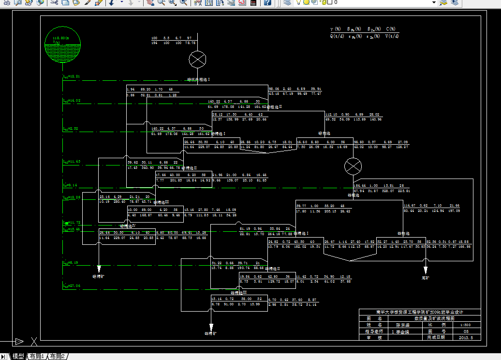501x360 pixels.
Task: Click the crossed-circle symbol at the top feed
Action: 197,60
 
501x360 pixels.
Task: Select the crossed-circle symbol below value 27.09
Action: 353,166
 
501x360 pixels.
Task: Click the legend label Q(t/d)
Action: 337,36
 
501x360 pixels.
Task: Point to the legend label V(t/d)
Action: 392,36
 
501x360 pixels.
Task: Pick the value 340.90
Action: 148,167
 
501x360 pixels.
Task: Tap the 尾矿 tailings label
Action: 426,278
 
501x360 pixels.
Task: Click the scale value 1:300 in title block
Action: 463,325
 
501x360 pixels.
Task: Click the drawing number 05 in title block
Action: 463,331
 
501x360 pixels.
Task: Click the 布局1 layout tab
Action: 37,357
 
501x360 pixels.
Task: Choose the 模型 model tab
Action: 18,357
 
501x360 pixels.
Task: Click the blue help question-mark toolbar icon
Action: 267,3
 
